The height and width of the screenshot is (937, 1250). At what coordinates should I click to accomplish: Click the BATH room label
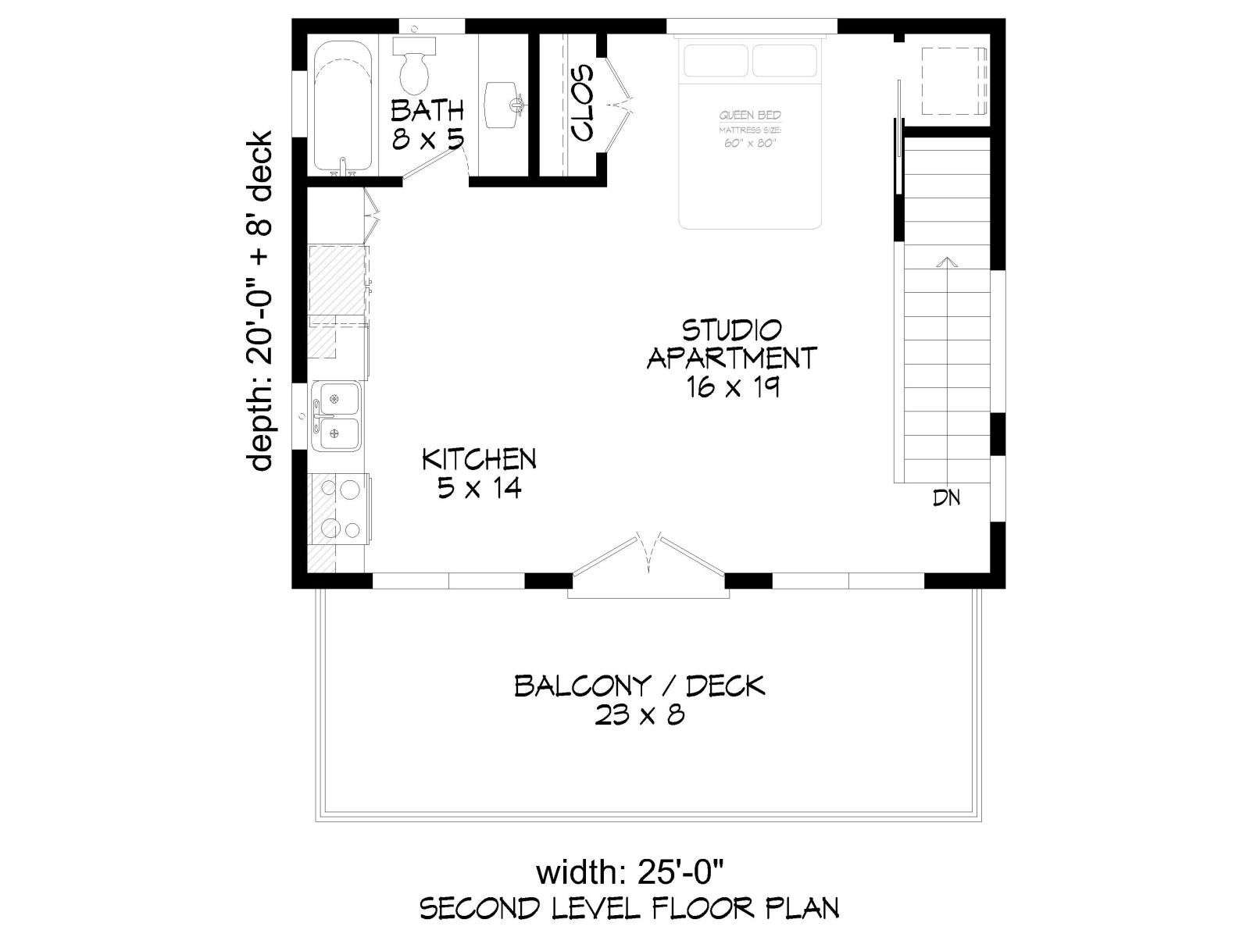(427, 110)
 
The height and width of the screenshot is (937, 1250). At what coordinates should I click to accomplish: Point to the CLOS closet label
(582, 103)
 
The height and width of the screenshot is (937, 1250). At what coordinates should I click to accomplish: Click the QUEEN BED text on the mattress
(750, 116)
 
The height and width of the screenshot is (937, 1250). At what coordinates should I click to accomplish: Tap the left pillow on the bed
(716, 60)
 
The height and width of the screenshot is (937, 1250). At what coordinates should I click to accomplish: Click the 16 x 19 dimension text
(732, 387)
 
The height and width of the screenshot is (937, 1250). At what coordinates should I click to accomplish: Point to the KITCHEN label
(479, 459)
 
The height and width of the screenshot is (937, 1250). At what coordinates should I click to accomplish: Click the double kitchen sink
(335, 416)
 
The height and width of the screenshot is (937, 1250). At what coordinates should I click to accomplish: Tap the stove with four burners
(340, 508)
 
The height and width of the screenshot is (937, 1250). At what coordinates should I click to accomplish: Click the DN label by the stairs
(946, 498)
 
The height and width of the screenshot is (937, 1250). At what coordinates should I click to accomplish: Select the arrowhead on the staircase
(948, 262)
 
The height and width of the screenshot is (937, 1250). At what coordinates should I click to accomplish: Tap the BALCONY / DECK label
(640, 686)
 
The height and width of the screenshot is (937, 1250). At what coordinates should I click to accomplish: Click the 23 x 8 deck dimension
(640, 715)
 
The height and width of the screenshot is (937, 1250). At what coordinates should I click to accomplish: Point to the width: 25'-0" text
(630, 873)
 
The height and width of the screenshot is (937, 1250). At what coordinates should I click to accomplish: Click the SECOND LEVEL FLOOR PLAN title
(630, 909)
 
